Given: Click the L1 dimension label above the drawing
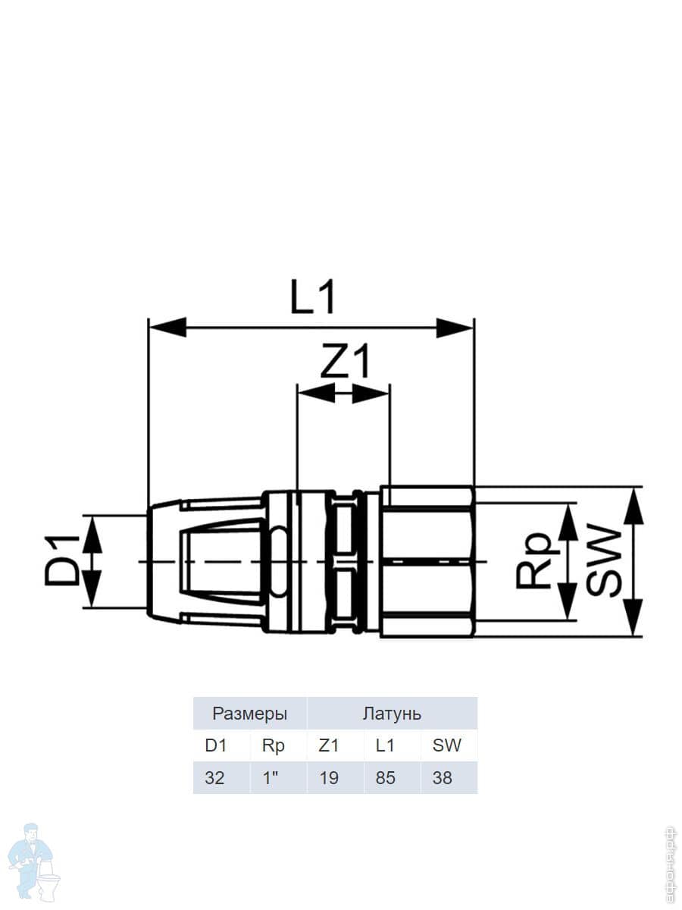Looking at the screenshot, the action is click(x=313, y=297).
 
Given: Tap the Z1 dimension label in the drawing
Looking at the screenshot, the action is click(x=345, y=362).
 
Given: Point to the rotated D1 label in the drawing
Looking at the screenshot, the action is click(x=62, y=560).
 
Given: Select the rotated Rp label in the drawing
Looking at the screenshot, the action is click(x=533, y=559).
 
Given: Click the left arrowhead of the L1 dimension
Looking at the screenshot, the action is click(x=167, y=327).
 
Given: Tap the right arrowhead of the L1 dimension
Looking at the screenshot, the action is click(x=454, y=327).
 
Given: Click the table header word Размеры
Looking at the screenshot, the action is click(x=250, y=714).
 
